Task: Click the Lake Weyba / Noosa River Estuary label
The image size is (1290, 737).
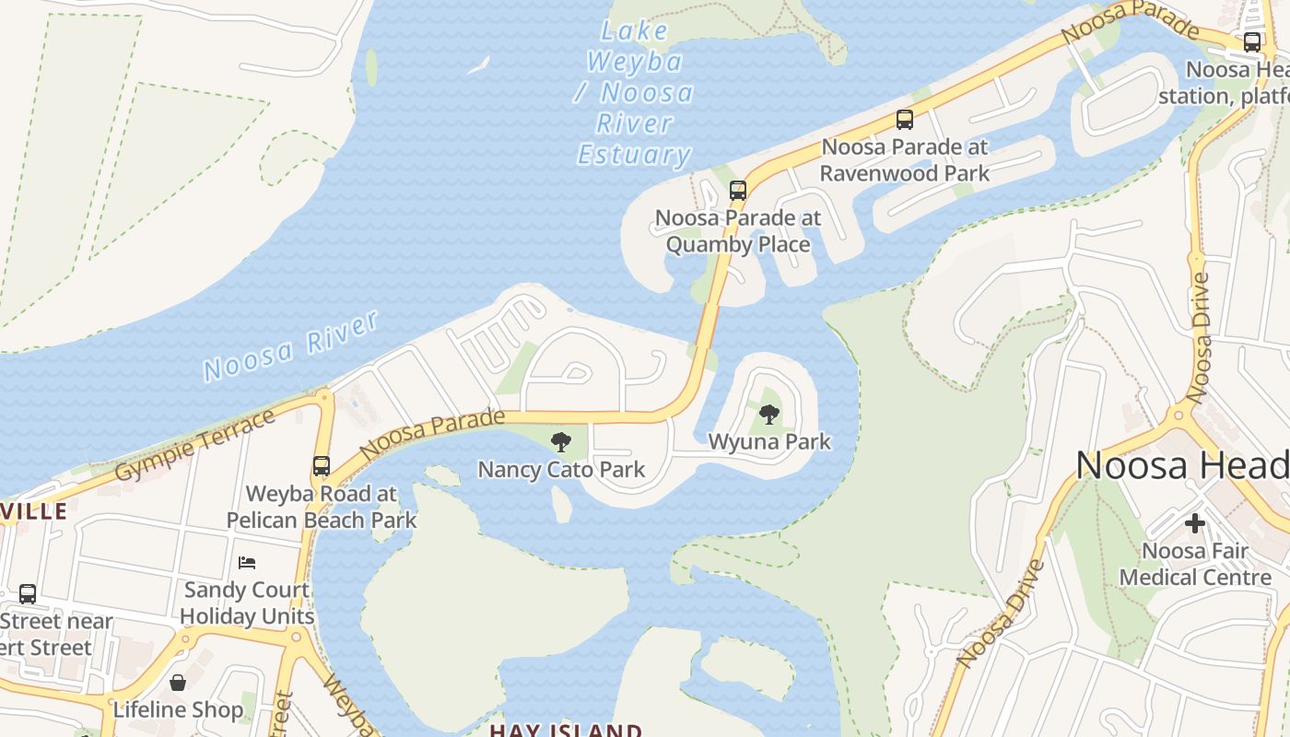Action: [634, 93]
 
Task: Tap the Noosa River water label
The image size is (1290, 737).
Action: [290, 346]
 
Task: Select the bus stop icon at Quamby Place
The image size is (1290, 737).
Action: [737, 191]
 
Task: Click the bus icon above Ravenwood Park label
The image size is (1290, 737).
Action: [904, 120]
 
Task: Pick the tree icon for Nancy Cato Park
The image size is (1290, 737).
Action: [560, 442]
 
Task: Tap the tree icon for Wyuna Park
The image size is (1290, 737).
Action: [769, 415]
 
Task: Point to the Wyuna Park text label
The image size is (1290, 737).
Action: [769, 442]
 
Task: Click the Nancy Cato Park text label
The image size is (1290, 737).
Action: [560, 470]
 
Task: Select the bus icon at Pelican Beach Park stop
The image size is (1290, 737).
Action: [321, 466]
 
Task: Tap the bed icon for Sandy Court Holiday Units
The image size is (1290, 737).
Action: [246, 563]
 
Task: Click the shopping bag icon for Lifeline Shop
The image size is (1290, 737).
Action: [178, 683]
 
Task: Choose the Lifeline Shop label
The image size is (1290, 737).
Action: [178, 710]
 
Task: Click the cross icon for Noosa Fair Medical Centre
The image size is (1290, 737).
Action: [1195, 523]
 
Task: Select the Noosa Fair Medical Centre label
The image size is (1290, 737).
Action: [1195, 564]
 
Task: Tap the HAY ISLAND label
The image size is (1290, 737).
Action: [565, 731]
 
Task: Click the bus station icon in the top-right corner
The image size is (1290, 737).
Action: [1251, 41]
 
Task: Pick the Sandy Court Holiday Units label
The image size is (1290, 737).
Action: [247, 603]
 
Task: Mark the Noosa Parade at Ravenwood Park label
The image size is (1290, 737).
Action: [904, 160]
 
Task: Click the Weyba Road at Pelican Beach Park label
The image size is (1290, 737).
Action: [321, 507]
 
